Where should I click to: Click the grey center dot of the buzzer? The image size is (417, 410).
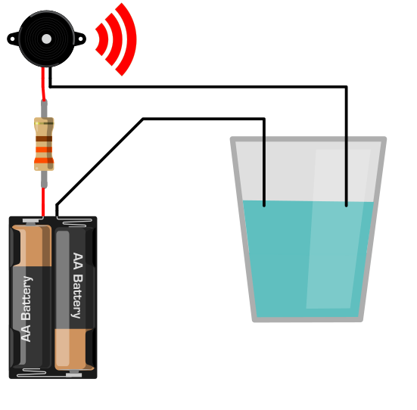(46, 39)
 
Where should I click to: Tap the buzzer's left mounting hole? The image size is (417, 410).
(13, 39)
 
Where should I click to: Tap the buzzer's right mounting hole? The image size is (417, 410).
(80, 39)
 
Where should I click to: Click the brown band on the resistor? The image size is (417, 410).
(44, 138)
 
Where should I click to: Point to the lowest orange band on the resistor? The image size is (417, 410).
(44, 160)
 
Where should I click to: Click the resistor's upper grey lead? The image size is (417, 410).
(44, 108)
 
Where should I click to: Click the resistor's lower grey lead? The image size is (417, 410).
(44, 179)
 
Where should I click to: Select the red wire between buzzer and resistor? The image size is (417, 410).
(43, 84)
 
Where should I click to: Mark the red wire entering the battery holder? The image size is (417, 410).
(43, 202)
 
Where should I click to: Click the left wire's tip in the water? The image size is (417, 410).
(264, 205)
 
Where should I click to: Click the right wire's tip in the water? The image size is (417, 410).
(347, 205)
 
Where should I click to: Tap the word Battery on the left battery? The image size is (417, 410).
(26, 298)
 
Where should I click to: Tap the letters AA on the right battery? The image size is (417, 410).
(78, 261)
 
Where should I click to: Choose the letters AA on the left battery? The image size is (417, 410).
(26, 333)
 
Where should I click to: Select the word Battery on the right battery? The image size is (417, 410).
(77, 297)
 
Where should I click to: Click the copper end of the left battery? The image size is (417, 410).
(32, 245)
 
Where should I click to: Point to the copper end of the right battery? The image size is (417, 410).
(73, 349)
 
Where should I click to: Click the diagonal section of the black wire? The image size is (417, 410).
(100, 162)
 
